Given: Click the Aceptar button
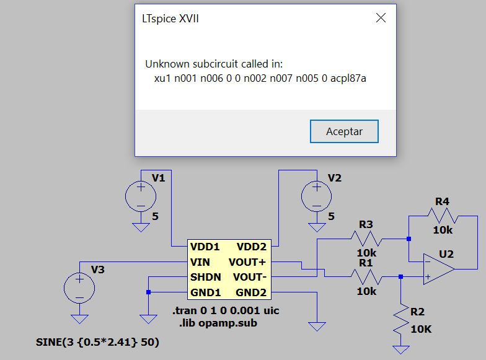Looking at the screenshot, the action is pos(344,131).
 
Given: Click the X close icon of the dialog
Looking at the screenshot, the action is pos(381,18).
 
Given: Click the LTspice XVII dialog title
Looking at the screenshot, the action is pos(170,19).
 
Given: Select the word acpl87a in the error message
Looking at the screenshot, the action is pos(348,78).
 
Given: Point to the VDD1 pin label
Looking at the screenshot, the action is pos(205,247).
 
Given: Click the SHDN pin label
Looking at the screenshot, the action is pos(206,276).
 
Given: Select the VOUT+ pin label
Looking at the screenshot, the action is pos(247,262).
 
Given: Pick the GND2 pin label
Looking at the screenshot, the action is pos(251,292).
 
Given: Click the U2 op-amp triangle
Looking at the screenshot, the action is pos(439,269).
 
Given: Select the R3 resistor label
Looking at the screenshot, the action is pos(366,224).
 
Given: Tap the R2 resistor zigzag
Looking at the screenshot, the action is pos(400,319).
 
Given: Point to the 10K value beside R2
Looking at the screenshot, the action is pos(421,329).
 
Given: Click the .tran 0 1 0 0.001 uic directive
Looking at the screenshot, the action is pos(226,310).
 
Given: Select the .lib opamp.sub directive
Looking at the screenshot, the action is pos(218,323).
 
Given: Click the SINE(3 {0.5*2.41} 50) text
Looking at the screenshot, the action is pos(97,342).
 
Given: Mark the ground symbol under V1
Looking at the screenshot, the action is pos(141,227).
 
